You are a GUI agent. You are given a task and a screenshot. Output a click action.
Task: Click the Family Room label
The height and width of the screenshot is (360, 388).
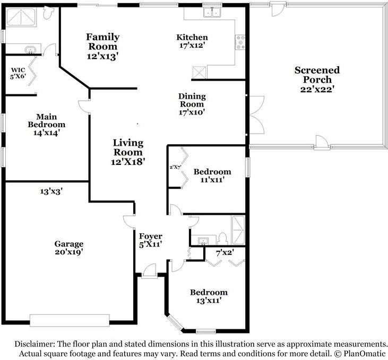click(102, 41)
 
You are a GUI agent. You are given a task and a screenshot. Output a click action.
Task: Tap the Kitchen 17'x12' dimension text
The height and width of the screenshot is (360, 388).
click(192, 45)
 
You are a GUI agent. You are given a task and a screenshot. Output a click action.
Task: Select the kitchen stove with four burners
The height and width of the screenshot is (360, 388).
click(240, 42)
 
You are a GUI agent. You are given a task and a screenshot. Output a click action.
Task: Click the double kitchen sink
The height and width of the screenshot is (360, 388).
click(212, 12)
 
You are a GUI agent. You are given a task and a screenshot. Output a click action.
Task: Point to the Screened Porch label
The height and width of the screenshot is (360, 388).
click(317, 75)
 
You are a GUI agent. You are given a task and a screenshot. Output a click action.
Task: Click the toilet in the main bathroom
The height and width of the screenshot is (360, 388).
click(48, 12)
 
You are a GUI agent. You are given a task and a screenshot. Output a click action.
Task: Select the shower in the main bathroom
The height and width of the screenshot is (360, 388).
click(21, 17)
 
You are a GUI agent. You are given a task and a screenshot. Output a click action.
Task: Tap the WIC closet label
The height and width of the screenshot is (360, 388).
click(18, 70)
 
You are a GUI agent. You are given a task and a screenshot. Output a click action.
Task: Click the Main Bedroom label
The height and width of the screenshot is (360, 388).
click(47, 120)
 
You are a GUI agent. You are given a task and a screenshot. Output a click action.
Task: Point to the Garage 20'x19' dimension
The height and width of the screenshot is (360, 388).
click(69, 252)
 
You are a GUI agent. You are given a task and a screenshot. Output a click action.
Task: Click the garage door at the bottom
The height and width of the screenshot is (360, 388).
click(70, 320)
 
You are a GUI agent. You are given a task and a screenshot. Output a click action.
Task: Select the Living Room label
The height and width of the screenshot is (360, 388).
click(128, 147)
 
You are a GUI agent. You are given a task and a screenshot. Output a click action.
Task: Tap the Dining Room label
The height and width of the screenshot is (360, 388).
click(192, 100)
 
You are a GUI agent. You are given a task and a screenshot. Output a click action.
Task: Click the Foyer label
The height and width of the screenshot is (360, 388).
click(151, 236)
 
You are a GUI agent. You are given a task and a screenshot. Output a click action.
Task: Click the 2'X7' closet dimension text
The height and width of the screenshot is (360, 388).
click(176, 167)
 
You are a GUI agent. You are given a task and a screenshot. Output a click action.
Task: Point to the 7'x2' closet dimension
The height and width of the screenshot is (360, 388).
click(225, 253)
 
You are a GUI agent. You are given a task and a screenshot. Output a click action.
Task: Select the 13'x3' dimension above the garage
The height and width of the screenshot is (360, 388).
click(51, 191)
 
